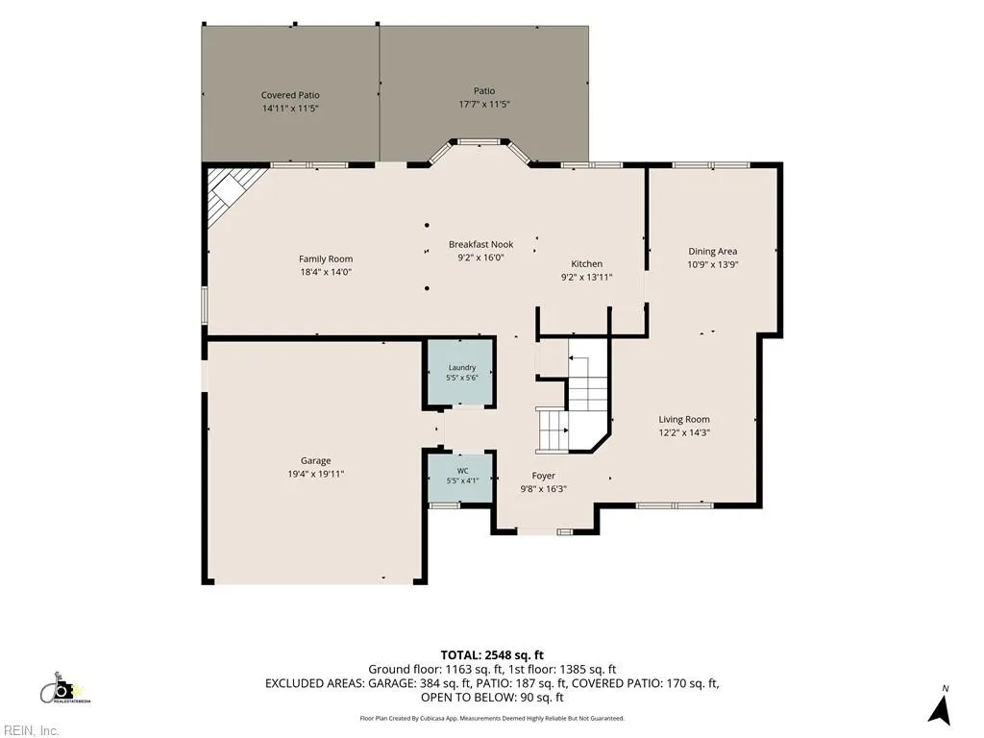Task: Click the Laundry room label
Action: tap(462, 368)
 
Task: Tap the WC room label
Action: tap(462, 471)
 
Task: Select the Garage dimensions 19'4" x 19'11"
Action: tap(315, 474)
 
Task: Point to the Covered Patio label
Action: tap(290, 95)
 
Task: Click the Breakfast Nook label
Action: tap(480, 244)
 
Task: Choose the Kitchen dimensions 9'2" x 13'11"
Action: tap(587, 277)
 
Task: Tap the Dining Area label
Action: tap(713, 251)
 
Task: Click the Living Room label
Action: tap(684, 419)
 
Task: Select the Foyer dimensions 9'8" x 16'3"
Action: tap(544, 489)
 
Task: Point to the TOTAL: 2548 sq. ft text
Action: tap(492, 655)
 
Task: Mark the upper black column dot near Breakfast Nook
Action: tap(427, 225)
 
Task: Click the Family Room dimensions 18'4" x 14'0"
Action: tap(326, 272)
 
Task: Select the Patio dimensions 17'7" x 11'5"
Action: tap(484, 104)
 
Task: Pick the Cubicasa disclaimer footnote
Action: tap(492, 718)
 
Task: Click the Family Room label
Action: tap(326, 258)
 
